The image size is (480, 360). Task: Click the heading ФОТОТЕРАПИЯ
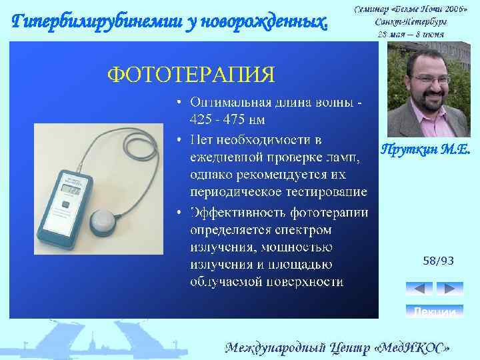191,73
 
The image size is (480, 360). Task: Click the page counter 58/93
438,261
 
